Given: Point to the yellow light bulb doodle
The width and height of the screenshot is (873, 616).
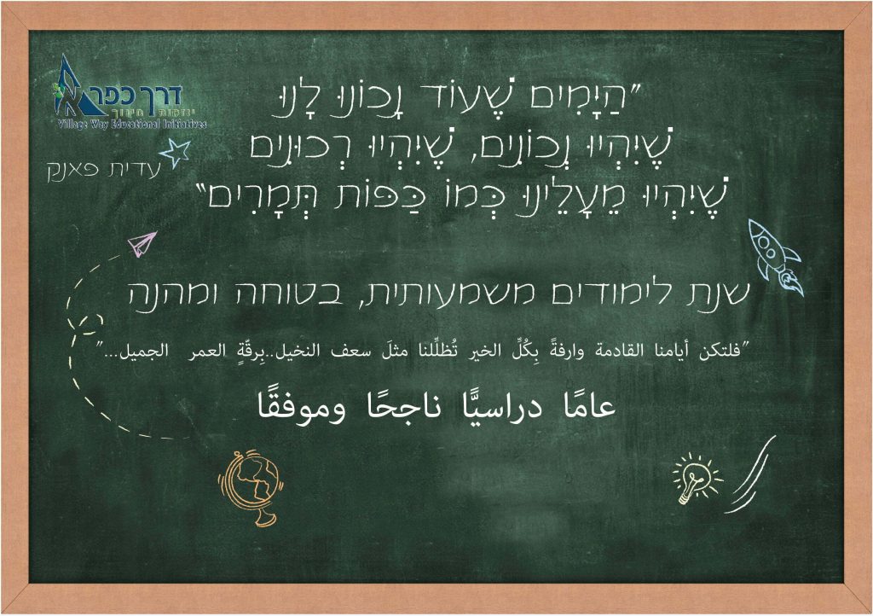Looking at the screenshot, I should click(x=695, y=478).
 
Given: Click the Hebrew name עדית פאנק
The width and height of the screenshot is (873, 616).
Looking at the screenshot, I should click(x=100, y=170).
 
